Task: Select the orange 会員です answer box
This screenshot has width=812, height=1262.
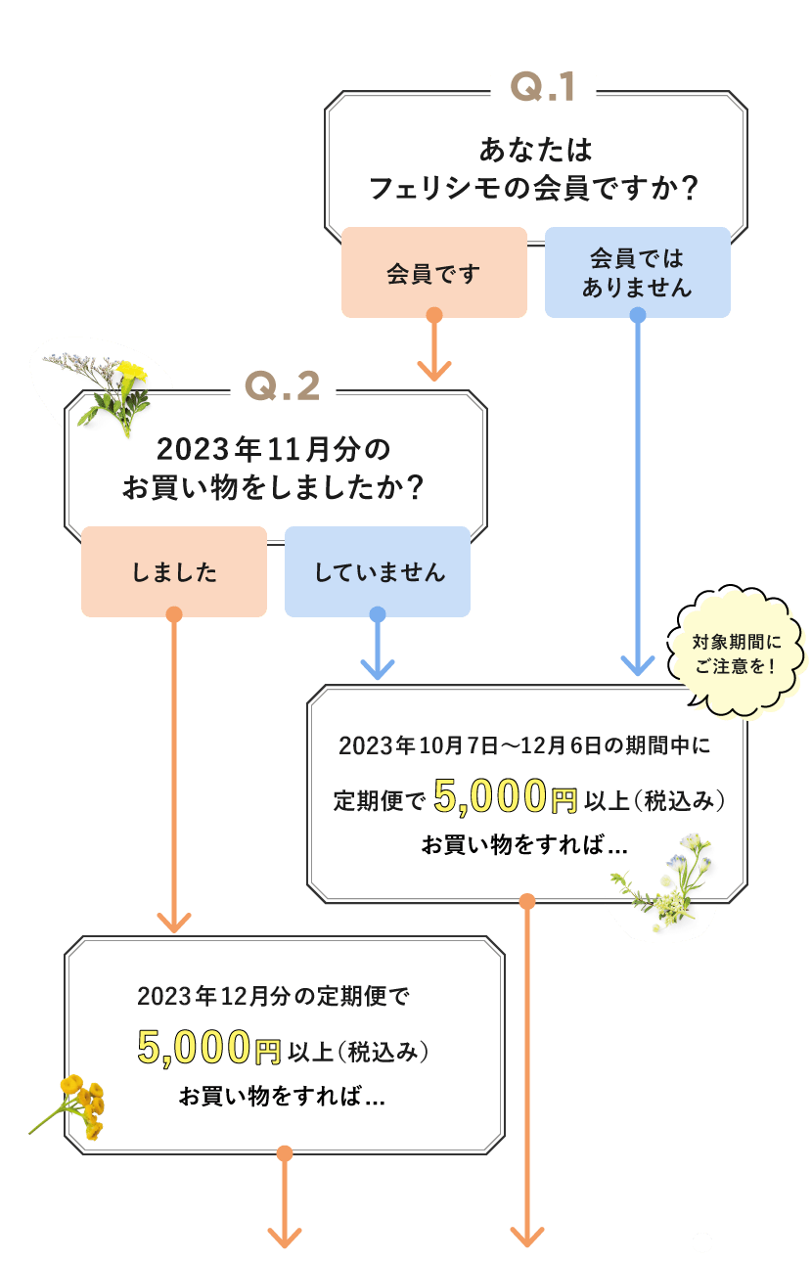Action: (x=433, y=273)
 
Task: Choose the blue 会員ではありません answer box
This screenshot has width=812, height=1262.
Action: (x=637, y=273)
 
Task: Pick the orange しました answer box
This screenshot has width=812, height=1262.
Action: (x=174, y=572)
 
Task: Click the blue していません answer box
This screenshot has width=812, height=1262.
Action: (x=378, y=572)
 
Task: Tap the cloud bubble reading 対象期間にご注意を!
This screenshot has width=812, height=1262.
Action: (x=738, y=654)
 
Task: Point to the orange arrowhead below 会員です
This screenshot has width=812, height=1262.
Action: (x=434, y=371)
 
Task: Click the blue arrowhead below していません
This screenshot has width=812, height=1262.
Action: (x=378, y=669)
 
